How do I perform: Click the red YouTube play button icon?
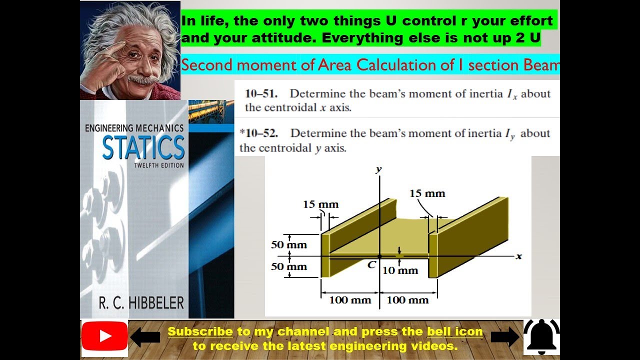click(x=104, y=336)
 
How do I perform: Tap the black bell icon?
click(x=541, y=337)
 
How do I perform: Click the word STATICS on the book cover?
click(x=143, y=147)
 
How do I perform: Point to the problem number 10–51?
click(x=261, y=94)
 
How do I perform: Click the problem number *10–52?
click(x=258, y=133)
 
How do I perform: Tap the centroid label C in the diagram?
click(x=371, y=265)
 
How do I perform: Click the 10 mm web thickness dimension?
click(x=400, y=270)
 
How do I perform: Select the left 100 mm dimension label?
click(x=350, y=300)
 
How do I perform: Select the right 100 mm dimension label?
click(x=408, y=300)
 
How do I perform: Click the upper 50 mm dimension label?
click(x=289, y=245)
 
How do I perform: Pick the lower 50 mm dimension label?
click(x=289, y=266)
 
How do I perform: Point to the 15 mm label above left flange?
click(x=320, y=204)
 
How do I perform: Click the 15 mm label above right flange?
click(x=427, y=193)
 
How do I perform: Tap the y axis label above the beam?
click(x=378, y=169)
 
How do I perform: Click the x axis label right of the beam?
click(x=519, y=256)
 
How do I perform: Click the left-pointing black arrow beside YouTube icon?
click(x=145, y=338)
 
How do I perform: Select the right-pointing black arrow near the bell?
click(x=505, y=338)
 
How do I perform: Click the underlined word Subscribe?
click(x=200, y=331)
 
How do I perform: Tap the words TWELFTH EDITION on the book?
click(x=159, y=165)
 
